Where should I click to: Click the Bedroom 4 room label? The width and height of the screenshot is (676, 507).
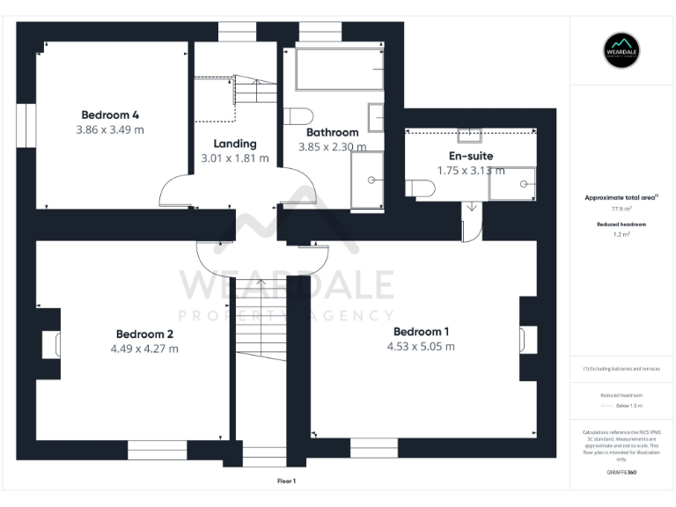111,114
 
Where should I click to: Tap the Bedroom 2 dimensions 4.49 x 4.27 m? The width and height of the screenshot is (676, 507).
144,349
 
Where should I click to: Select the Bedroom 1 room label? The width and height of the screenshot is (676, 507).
421,331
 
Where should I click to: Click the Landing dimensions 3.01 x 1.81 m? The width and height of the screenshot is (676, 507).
235,158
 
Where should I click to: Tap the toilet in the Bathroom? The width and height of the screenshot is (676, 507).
301,116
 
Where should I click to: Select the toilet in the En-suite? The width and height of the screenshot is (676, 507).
421,187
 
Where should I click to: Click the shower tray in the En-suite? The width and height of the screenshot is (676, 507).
511,183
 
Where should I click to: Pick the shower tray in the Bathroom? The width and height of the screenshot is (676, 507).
367,180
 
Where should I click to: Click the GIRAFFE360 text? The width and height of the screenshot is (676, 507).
622,473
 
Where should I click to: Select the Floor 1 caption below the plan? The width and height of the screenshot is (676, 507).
287,481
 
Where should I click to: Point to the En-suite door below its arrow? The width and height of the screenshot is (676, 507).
473,227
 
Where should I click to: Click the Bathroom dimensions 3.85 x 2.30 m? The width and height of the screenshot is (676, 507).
332,147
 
